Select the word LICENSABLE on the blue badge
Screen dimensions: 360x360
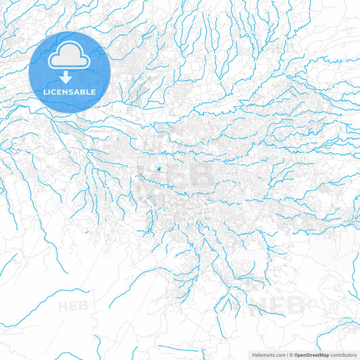pos(70,91)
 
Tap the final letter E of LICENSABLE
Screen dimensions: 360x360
pos(94,91)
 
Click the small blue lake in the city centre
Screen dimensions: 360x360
pos(158,170)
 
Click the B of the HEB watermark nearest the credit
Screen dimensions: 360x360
pos(296,305)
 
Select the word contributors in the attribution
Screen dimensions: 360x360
pos(343,354)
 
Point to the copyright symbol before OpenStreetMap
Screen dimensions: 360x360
pos(291,354)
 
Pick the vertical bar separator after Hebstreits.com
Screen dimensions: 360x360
pos(286,354)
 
